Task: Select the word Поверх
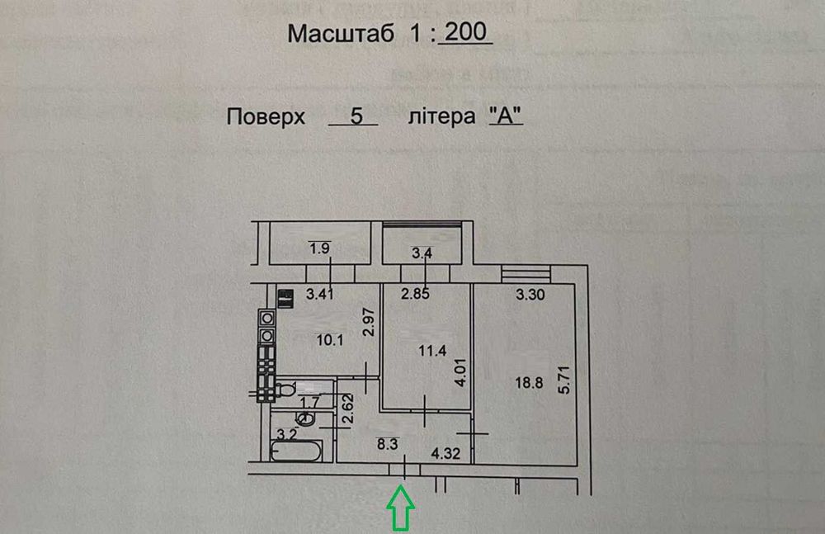click(266, 116)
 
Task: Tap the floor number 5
click(356, 116)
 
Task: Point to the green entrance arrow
click(402, 507)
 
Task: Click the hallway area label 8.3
click(387, 444)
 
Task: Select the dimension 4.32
click(446, 453)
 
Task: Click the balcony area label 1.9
click(318, 248)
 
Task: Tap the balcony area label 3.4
click(422, 253)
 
